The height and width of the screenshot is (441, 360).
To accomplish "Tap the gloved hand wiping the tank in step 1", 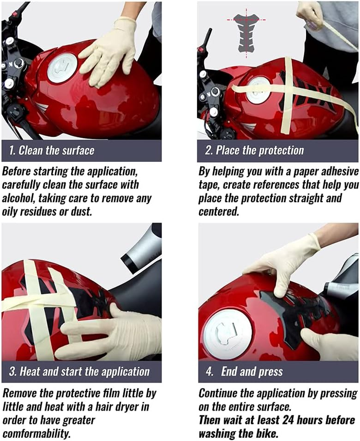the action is (108, 52).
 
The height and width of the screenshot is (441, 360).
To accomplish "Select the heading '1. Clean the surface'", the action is (51, 151).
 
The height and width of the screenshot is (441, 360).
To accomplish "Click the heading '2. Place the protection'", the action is (254, 151).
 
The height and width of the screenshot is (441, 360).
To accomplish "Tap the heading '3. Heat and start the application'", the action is (79, 371).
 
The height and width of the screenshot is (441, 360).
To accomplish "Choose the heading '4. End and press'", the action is (244, 371).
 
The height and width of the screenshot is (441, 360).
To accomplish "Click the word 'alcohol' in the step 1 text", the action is (18, 198).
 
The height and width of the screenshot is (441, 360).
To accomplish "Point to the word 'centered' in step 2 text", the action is (219, 211).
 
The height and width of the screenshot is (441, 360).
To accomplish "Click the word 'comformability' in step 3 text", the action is (36, 433).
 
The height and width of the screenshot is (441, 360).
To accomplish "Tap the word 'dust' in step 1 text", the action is (81, 211).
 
